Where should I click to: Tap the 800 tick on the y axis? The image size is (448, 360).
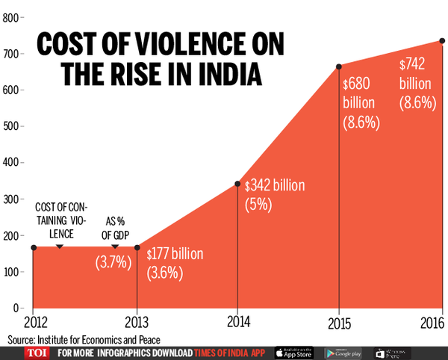10,18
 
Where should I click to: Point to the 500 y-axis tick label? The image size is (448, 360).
10,126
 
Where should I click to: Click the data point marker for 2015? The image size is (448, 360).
339,66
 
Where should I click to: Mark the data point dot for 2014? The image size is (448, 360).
237,184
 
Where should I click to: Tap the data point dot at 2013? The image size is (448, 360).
137,246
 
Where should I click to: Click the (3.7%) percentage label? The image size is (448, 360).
113,262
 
